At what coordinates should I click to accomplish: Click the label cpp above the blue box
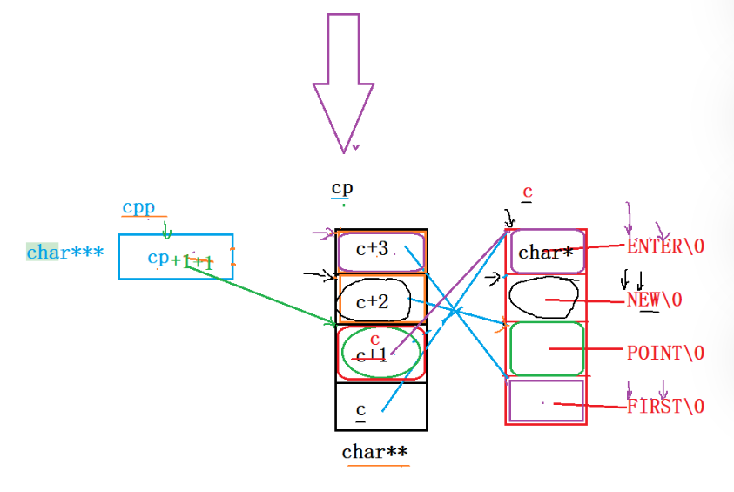point(138,207)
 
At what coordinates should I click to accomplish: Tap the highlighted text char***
point(64,253)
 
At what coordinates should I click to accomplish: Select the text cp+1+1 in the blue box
point(180,259)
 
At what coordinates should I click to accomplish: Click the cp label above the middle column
point(342,188)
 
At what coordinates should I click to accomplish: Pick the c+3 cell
point(380,251)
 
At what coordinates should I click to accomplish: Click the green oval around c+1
point(380,352)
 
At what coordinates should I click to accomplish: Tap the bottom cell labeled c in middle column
point(380,407)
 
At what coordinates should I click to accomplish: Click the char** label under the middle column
point(374,452)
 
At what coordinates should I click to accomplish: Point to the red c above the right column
point(527,192)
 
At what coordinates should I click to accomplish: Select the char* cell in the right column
point(546,253)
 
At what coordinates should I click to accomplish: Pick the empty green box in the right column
point(546,349)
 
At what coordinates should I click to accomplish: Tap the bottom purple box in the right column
point(546,401)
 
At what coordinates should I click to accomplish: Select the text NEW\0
point(655,300)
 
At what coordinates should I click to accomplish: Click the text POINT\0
point(665,353)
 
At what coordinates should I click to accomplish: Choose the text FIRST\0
point(665,406)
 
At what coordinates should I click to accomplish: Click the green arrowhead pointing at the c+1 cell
point(332,323)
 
